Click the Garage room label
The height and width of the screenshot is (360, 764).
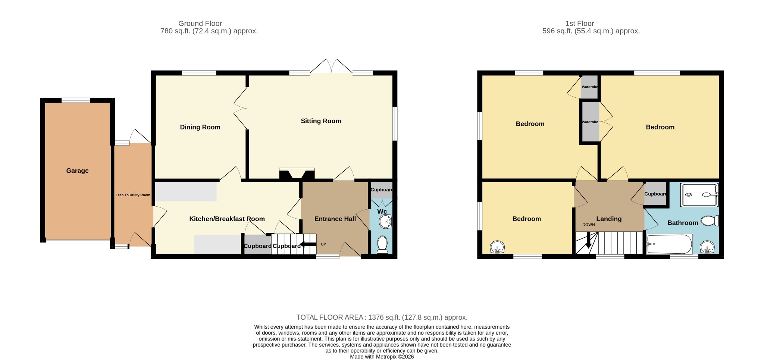pos(77,171)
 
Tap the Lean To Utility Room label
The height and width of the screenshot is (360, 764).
pos(133,195)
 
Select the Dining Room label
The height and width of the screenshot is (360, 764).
pos(200,127)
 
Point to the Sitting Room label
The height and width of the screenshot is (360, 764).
pos(321,121)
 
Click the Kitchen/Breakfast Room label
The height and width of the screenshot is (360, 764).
pos(227,219)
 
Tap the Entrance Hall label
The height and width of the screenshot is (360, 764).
pos(335,219)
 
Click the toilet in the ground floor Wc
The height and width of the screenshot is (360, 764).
pos(382,244)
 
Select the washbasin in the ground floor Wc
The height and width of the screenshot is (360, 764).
pos(385,222)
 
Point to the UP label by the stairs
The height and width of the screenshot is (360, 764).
pos(323,244)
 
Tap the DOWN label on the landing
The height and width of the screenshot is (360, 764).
pos(589,225)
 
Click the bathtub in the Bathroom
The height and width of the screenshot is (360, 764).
pos(669,244)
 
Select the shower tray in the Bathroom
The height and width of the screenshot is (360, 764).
pos(699,194)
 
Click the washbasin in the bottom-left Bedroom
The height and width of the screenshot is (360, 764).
pos(497,247)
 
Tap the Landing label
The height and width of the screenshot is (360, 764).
pos(609,219)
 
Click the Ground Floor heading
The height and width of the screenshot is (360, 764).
pos(200,24)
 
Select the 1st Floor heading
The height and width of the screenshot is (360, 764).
pos(579,24)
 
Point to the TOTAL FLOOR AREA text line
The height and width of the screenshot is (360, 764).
pos(382,317)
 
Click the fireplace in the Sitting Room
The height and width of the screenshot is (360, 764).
pos(297,174)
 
